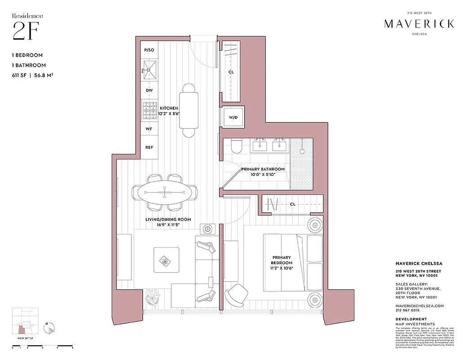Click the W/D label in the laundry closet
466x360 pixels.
[x=233, y=117]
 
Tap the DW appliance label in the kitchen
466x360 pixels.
[x=149, y=90]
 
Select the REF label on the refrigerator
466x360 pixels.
[x=149, y=147]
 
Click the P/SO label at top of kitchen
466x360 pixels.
[x=149, y=50]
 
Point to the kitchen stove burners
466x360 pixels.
[x=149, y=111]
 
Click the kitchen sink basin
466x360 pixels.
[x=149, y=70]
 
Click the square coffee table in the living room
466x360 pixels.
[x=165, y=260]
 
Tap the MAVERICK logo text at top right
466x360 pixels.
[x=419, y=24]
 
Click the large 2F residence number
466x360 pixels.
[x=25, y=32]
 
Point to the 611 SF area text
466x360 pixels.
[x=21, y=75]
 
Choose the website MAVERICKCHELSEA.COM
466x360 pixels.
[x=419, y=306]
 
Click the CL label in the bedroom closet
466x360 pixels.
[x=292, y=204]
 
